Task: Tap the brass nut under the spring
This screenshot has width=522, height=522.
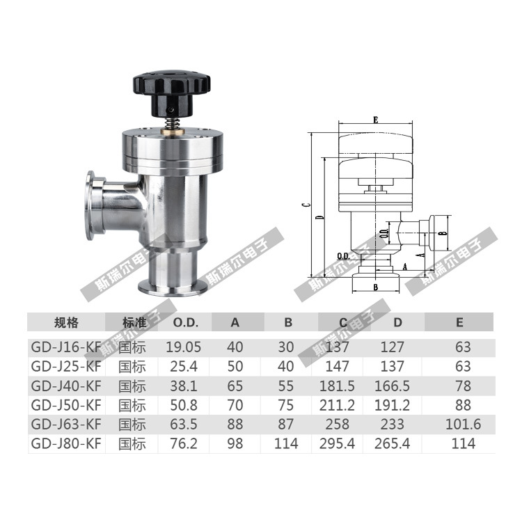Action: click(171, 131)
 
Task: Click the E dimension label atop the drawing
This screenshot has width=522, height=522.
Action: click(376, 120)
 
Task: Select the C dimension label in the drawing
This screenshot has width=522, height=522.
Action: click(308, 205)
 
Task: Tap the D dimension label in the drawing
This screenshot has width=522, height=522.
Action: click(320, 217)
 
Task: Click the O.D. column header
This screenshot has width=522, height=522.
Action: click(185, 322)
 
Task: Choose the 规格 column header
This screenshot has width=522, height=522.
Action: click(66, 322)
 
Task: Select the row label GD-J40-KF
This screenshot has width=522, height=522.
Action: click(66, 386)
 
